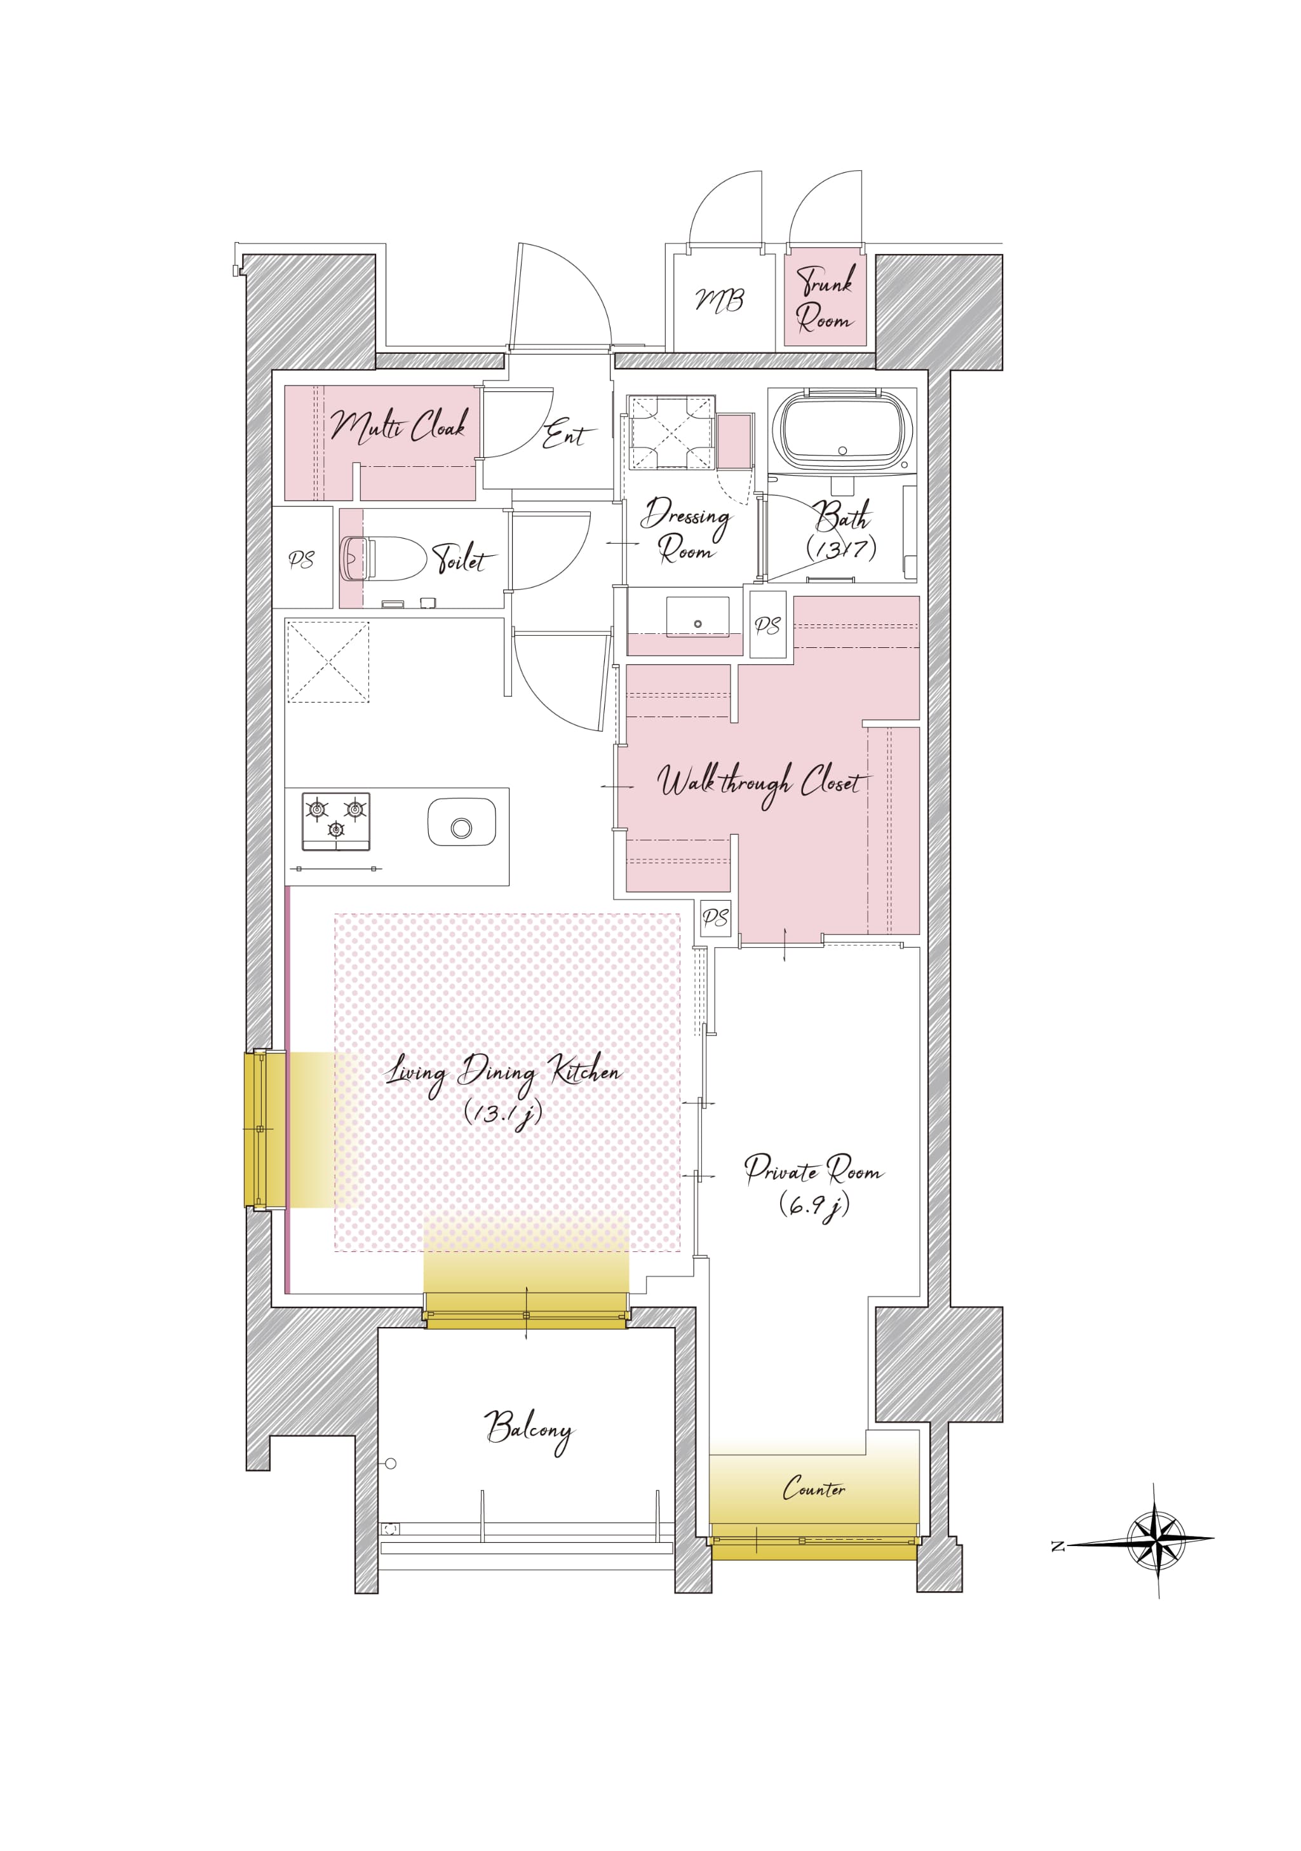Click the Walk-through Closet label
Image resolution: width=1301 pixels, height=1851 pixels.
click(762, 783)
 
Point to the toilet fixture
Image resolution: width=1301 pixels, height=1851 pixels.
click(383, 558)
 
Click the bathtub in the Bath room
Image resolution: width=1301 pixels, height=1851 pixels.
click(842, 431)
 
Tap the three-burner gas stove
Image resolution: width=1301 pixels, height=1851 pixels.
click(336, 821)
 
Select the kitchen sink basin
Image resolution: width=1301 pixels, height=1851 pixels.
click(462, 823)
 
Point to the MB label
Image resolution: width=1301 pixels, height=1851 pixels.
click(720, 300)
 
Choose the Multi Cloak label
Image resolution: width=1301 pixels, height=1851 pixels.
click(399, 425)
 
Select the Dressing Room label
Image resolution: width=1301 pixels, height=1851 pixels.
click(686, 530)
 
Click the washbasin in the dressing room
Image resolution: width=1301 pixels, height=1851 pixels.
click(698, 617)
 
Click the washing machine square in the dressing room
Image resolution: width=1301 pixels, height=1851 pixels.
click(671, 431)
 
